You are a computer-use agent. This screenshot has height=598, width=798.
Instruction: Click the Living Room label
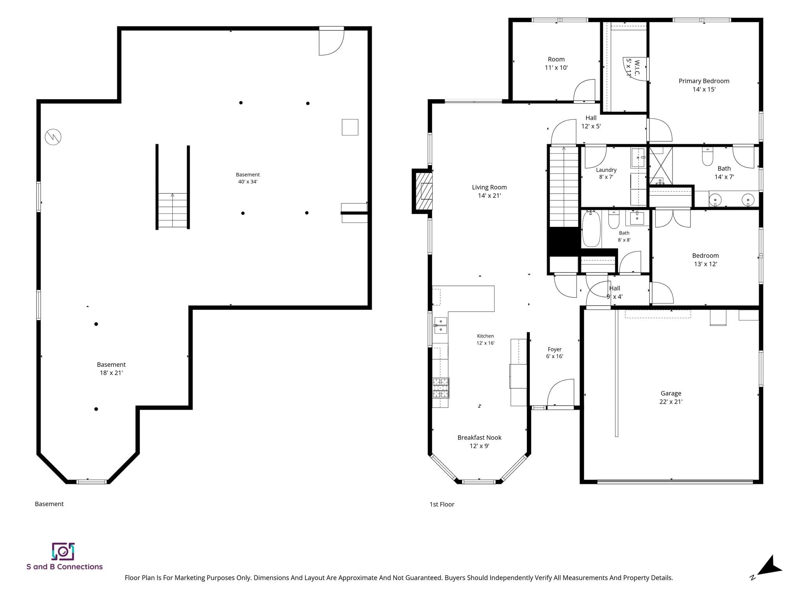point(489,191)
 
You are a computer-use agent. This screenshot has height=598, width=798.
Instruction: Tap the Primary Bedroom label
point(704,85)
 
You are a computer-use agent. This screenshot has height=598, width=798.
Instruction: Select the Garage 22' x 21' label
point(671,397)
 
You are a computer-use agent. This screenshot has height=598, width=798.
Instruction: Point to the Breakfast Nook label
point(479,441)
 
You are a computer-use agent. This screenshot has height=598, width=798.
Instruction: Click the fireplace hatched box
point(424,191)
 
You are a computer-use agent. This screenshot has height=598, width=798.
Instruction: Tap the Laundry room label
point(606,173)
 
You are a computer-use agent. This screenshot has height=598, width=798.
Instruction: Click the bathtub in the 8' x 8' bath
point(591,229)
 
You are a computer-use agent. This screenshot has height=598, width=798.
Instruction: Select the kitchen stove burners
point(441,388)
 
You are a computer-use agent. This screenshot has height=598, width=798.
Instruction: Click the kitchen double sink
point(441,325)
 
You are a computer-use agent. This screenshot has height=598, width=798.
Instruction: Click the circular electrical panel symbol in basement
point(53,137)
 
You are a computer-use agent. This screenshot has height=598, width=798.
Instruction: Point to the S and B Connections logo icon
point(63,552)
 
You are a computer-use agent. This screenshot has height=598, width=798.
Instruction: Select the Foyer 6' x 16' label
point(554,353)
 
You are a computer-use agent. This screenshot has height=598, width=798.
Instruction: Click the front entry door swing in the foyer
point(560,393)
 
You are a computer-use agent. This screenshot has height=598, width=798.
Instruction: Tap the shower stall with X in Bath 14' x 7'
point(661,165)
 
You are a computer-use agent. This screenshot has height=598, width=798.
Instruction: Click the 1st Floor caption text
point(442,505)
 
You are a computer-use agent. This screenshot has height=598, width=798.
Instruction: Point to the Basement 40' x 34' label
point(248,178)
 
